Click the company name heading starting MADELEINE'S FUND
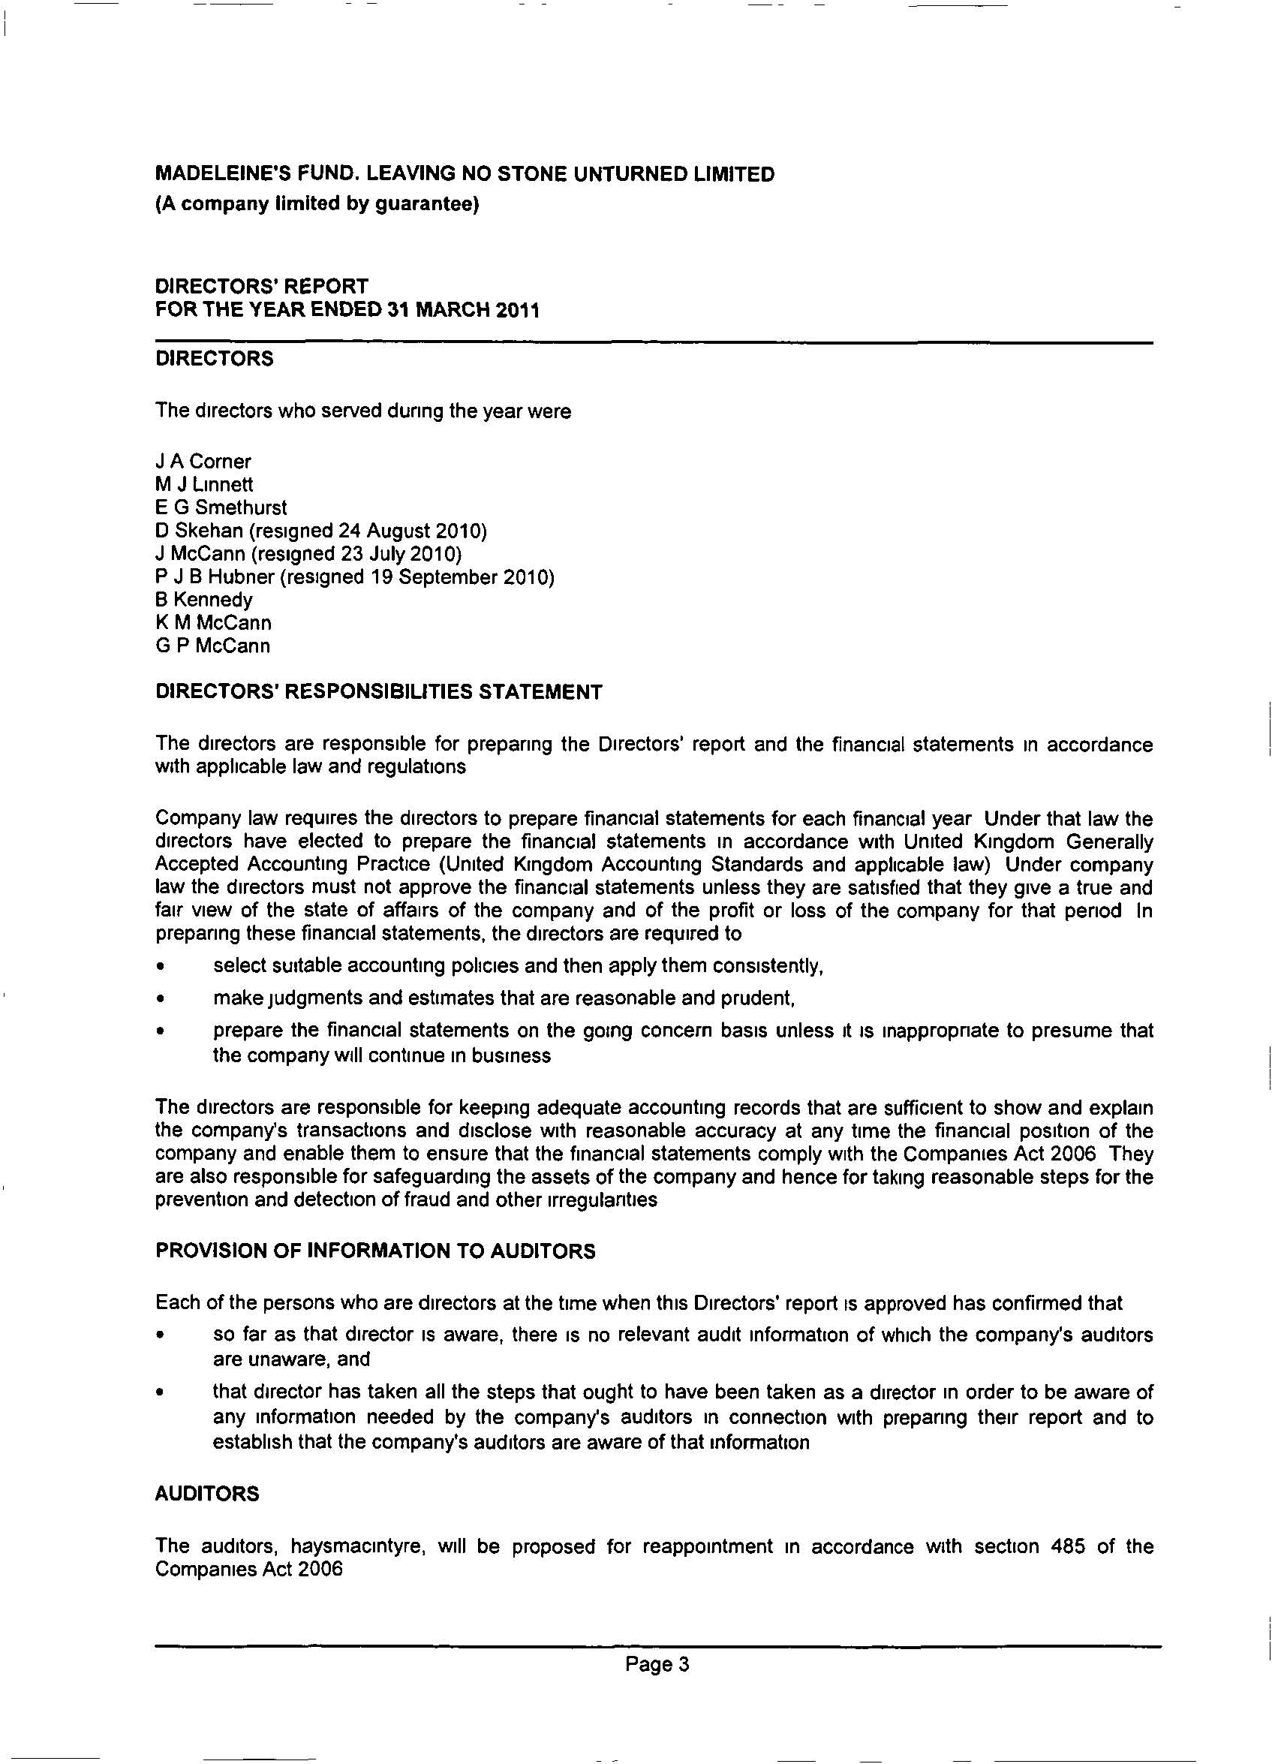tap(465, 173)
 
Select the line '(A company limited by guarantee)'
tap(317, 203)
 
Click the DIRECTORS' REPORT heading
tap(262, 287)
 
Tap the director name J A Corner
tap(203, 461)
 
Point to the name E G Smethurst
tap(221, 508)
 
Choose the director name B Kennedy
tap(203, 600)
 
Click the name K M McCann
tap(213, 623)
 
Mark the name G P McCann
tap(213, 646)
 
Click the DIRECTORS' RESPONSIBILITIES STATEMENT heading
tap(379, 692)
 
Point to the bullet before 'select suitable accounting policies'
tap(160, 968)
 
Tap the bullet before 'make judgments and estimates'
tap(160, 998)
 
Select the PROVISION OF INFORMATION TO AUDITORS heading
tap(375, 1251)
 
